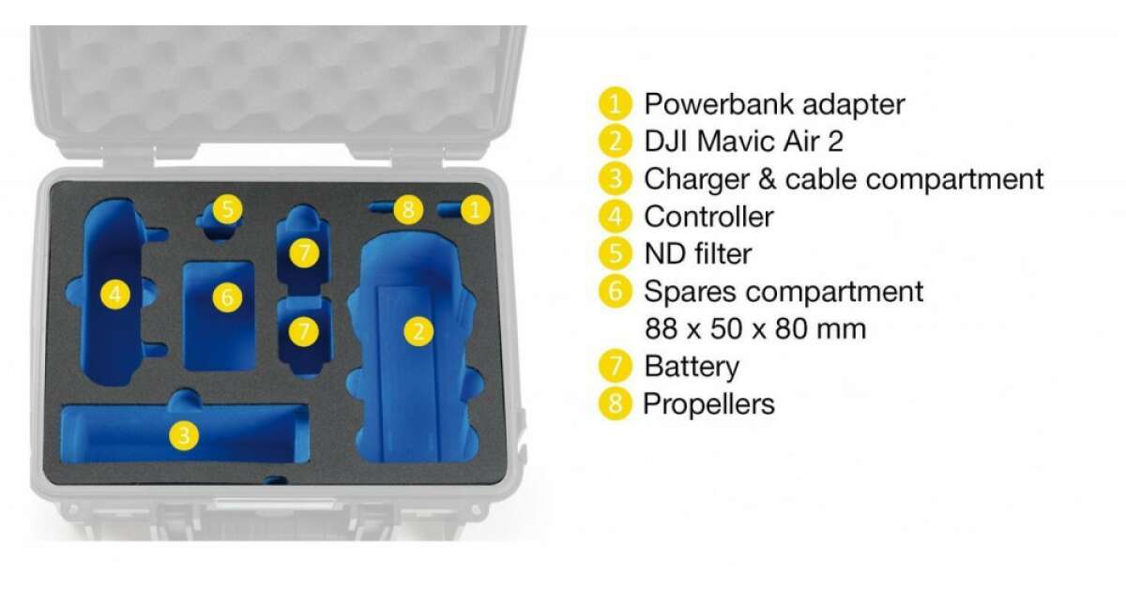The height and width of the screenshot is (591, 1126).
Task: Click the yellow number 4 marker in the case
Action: coord(115,294)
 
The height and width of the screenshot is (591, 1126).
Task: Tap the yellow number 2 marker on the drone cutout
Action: coord(418,331)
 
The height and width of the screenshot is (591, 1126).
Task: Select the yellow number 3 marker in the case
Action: coord(184,434)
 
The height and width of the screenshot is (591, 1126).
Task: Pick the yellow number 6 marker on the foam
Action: coord(227,297)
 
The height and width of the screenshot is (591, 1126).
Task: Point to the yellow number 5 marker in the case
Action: coord(227,209)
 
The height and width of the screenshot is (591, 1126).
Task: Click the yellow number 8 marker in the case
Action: coord(408,209)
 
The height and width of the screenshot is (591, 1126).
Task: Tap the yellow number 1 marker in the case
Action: coord(475,209)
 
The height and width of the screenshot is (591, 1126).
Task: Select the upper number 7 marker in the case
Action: coord(304,252)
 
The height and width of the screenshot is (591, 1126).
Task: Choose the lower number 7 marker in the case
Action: coord(304,331)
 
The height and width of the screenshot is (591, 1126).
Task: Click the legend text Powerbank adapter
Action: coord(774,104)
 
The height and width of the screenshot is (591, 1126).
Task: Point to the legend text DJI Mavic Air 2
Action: coord(743,141)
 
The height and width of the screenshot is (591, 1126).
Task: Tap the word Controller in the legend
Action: coord(708,217)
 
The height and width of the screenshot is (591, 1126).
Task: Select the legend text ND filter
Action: coord(698,254)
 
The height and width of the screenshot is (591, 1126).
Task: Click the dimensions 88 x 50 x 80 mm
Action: coord(755,328)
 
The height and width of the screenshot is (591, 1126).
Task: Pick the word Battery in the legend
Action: coord(692,367)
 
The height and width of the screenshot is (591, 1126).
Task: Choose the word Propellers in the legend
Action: coord(708,404)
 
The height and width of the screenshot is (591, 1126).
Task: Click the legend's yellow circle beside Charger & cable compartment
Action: coord(615,178)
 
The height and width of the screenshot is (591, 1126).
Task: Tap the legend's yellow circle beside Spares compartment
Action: coord(615,291)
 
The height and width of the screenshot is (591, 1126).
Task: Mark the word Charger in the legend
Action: coord(696,179)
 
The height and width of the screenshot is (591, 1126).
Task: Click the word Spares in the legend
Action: coord(691,292)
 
